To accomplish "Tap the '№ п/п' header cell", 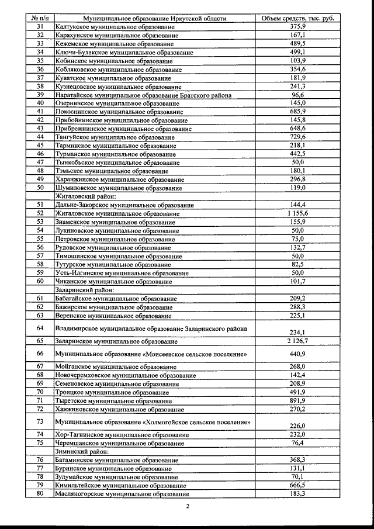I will click(x=40, y=19).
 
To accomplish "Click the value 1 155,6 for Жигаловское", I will click(x=298, y=213).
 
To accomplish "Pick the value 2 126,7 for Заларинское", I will click(x=298, y=340).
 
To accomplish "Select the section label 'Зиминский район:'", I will click(x=81, y=451).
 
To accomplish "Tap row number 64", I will click(x=40, y=328).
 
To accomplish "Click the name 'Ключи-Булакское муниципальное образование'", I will click(x=123, y=53).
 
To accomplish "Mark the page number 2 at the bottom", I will click(x=187, y=506).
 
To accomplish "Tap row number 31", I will click(x=40, y=27).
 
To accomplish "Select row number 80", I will click(x=40, y=493).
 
